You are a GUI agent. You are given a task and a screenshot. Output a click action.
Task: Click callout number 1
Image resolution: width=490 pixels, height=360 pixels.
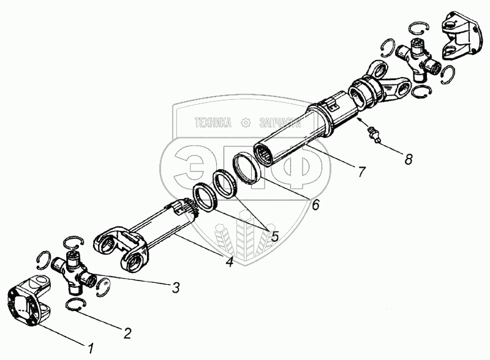click(x=91, y=348)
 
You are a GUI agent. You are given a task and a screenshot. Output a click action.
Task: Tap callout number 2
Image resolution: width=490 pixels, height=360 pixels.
click(x=127, y=334)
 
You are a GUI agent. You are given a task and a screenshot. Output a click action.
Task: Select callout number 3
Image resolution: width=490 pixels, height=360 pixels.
click(x=176, y=288)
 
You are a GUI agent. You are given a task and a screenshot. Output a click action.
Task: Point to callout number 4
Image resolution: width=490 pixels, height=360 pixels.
click(x=230, y=261)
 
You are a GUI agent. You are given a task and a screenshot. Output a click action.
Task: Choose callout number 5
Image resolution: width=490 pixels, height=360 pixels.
click(x=274, y=236)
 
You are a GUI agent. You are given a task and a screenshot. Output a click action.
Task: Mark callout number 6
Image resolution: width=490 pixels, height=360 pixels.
click(x=315, y=204)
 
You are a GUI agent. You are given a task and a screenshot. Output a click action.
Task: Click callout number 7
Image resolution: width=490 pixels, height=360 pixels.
click(x=361, y=171)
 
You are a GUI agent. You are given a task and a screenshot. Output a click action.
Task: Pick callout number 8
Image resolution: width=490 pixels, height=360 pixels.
click(x=408, y=159)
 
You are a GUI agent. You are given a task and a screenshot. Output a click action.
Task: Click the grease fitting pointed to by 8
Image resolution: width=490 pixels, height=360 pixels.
click(x=374, y=135)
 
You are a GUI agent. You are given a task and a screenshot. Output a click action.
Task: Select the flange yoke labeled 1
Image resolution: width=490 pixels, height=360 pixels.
click(x=28, y=300)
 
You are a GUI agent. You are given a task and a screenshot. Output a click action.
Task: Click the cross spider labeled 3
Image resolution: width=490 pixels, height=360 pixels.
click(x=73, y=272)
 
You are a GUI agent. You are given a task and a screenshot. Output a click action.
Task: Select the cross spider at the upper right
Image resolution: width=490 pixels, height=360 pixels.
click(x=418, y=59)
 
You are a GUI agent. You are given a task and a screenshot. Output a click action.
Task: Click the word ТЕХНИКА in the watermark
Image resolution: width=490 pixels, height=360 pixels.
click(x=213, y=123)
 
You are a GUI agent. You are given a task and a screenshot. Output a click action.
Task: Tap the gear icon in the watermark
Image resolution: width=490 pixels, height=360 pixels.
click(x=247, y=123)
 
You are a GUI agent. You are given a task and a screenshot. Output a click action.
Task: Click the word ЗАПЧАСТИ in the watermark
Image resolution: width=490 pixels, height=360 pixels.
click(x=281, y=123)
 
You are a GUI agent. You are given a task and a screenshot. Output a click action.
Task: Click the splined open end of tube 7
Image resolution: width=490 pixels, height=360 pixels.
click(x=265, y=156)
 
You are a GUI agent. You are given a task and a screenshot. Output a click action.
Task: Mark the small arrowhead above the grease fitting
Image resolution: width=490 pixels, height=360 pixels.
click(x=360, y=119)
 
